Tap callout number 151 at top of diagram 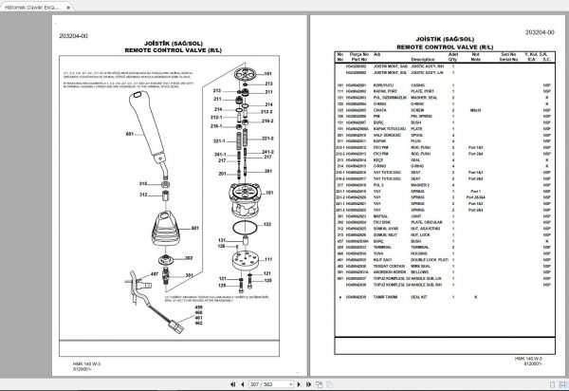(x=268, y=73)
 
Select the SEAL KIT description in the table (x=392, y=296)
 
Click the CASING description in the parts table (x=390, y=85)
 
